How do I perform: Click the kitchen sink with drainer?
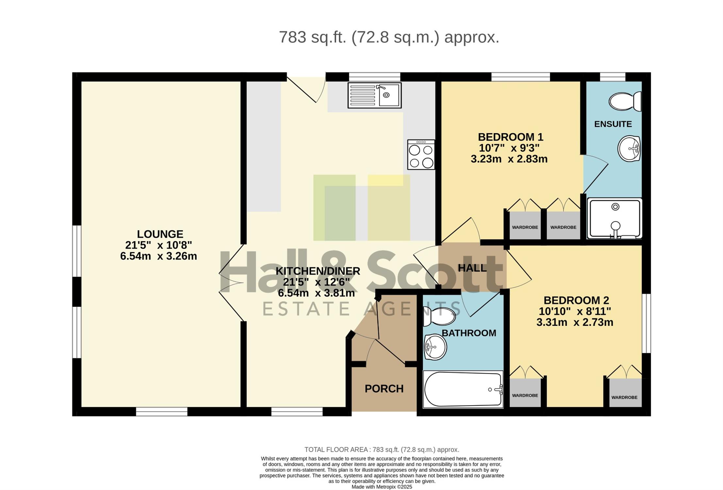tap(374, 95)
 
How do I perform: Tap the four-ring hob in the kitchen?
tap(421, 155)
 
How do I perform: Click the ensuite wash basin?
tap(629, 149)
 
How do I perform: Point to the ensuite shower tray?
tap(615, 218)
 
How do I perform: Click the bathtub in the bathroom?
tap(463, 389)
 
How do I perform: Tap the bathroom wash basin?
tap(435, 347)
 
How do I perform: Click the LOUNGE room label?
tap(160, 234)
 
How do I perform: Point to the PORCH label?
tap(384, 388)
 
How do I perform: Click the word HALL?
tap(472, 268)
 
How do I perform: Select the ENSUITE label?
tap(613, 124)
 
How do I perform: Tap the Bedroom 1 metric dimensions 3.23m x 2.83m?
tap(509, 159)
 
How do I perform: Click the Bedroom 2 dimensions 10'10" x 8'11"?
tap(575, 311)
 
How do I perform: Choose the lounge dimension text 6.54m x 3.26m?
tap(158, 256)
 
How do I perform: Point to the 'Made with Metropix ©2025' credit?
tap(382, 487)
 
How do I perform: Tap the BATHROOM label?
tap(469, 333)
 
